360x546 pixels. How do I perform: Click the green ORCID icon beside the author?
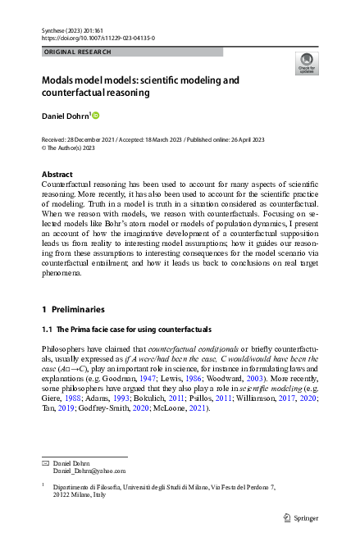click(x=95, y=114)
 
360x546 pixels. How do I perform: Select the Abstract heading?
click(x=58, y=175)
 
